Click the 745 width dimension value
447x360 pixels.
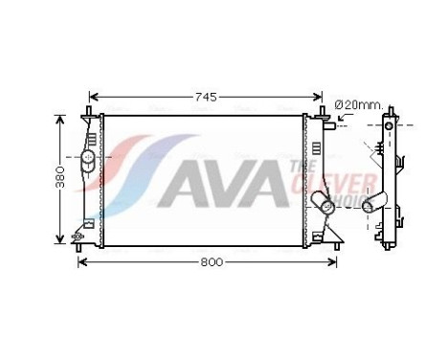pyautogui.click(x=207, y=97)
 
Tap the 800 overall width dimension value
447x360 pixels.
pyautogui.click(x=208, y=261)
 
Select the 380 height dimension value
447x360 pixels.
pyautogui.click(x=60, y=178)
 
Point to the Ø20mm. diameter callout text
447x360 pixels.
pyautogui.click(x=358, y=103)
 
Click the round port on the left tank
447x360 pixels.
pyautogui.click(x=87, y=157)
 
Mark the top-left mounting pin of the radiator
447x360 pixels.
pyautogui.click(x=90, y=115)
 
